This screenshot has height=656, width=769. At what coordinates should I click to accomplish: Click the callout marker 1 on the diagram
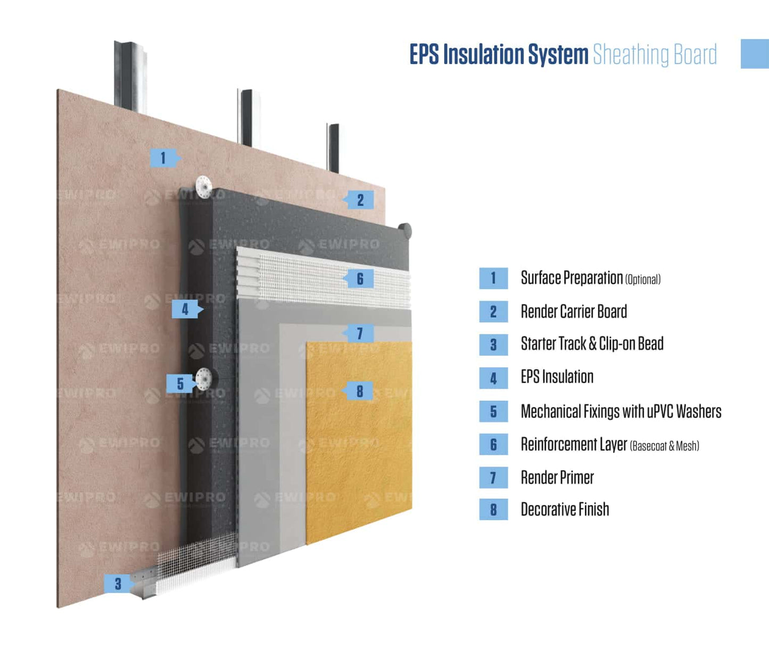(x=163, y=158)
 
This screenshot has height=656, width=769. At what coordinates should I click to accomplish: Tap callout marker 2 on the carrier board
(x=360, y=200)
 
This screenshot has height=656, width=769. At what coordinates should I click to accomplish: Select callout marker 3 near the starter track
(x=118, y=584)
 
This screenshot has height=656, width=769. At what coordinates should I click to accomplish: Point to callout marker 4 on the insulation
(x=185, y=309)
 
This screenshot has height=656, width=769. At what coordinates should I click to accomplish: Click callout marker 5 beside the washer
(x=180, y=383)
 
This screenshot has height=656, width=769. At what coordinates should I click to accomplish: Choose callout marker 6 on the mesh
(x=360, y=278)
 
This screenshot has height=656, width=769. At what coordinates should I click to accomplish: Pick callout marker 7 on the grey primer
(x=360, y=333)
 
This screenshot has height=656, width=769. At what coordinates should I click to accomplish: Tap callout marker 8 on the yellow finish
(x=360, y=391)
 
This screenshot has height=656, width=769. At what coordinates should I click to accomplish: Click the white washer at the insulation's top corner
(x=203, y=186)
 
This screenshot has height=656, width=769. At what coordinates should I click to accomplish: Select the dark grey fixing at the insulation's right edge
(x=405, y=231)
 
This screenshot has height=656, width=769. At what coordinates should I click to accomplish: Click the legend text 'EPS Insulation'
(x=557, y=377)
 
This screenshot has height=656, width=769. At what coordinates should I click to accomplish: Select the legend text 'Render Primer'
(x=557, y=478)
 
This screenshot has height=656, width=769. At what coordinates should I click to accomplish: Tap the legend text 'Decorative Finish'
(x=565, y=510)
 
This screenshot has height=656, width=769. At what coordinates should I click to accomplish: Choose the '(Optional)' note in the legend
(x=643, y=280)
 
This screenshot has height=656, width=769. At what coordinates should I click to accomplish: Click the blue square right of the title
(x=755, y=54)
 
